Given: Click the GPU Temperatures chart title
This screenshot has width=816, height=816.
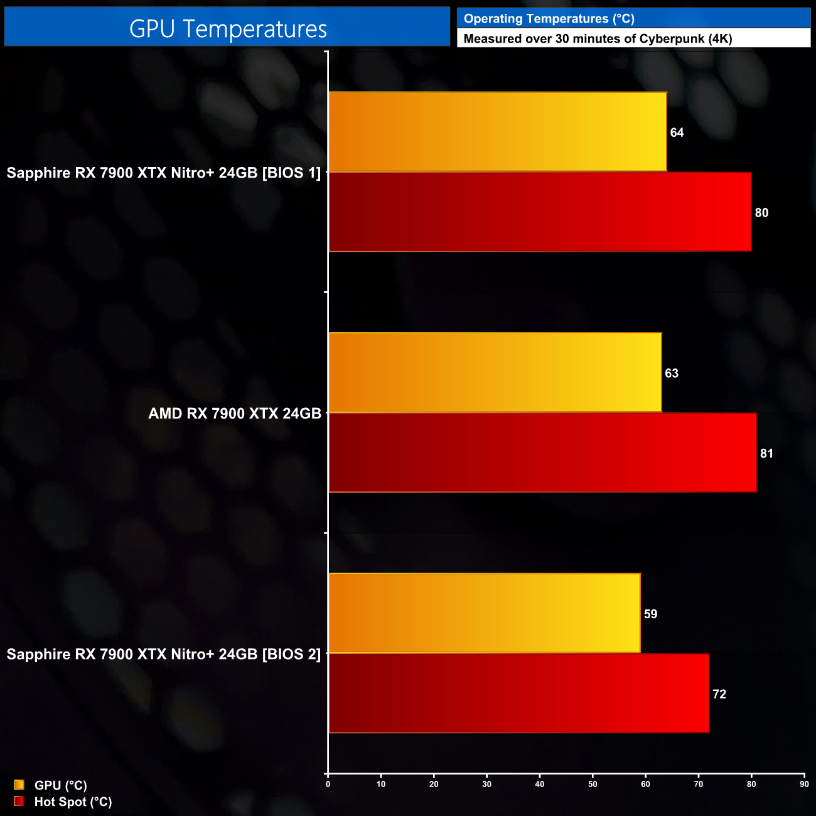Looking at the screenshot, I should [228, 29].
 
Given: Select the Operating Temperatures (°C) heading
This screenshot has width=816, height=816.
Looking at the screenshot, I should [549, 19].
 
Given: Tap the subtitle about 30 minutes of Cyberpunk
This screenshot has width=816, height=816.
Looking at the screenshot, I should [598, 39].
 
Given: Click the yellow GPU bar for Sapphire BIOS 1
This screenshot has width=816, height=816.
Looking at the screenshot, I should [497, 132].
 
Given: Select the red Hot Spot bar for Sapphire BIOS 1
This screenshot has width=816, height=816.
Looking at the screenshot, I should [540, 212].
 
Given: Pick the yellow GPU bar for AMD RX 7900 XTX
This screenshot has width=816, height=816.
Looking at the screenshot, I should [495, 373].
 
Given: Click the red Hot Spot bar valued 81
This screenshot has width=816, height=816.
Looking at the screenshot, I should [542, 453].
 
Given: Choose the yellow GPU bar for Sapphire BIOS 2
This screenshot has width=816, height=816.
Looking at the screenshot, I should [484, 613].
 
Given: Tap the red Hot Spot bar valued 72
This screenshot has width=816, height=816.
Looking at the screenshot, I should [518, 694].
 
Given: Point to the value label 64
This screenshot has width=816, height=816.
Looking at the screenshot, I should [677, 132].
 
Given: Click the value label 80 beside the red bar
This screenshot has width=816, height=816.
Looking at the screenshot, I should [761, 213].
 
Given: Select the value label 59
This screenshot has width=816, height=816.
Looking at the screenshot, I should [650, 614].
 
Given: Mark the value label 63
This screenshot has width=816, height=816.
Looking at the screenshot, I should [672, 373].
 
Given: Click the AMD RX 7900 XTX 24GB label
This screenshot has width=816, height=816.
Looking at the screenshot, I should [235, 414].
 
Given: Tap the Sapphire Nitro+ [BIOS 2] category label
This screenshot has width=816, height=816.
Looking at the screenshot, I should [164, 654].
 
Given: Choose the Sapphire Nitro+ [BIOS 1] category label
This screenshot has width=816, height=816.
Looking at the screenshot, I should [164, 173].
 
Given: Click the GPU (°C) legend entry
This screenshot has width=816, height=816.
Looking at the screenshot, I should [60, 785].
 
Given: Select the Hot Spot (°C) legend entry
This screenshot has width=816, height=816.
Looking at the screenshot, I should [73, 802].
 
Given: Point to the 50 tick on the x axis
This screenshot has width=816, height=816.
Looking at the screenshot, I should [593, 784].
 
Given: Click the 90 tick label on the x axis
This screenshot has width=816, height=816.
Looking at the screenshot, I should [804, 784].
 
